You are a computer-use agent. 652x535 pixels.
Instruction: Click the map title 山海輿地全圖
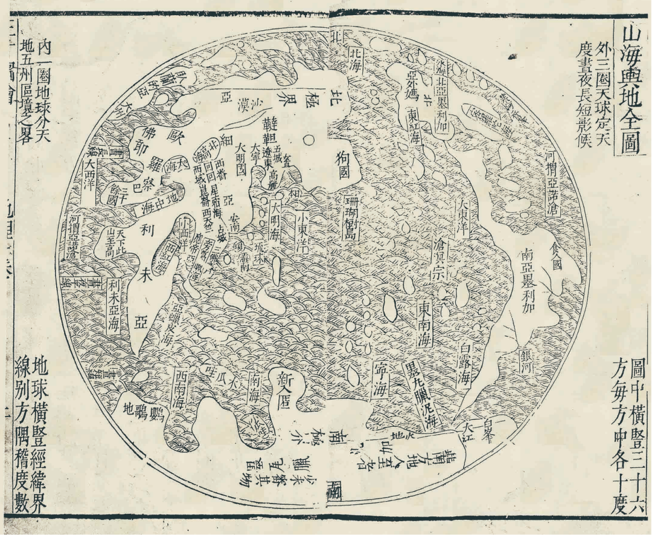630,89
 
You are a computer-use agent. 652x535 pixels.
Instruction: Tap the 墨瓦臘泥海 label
415,394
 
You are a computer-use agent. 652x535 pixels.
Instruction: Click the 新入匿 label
284,391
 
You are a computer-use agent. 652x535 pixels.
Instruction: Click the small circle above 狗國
310,141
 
